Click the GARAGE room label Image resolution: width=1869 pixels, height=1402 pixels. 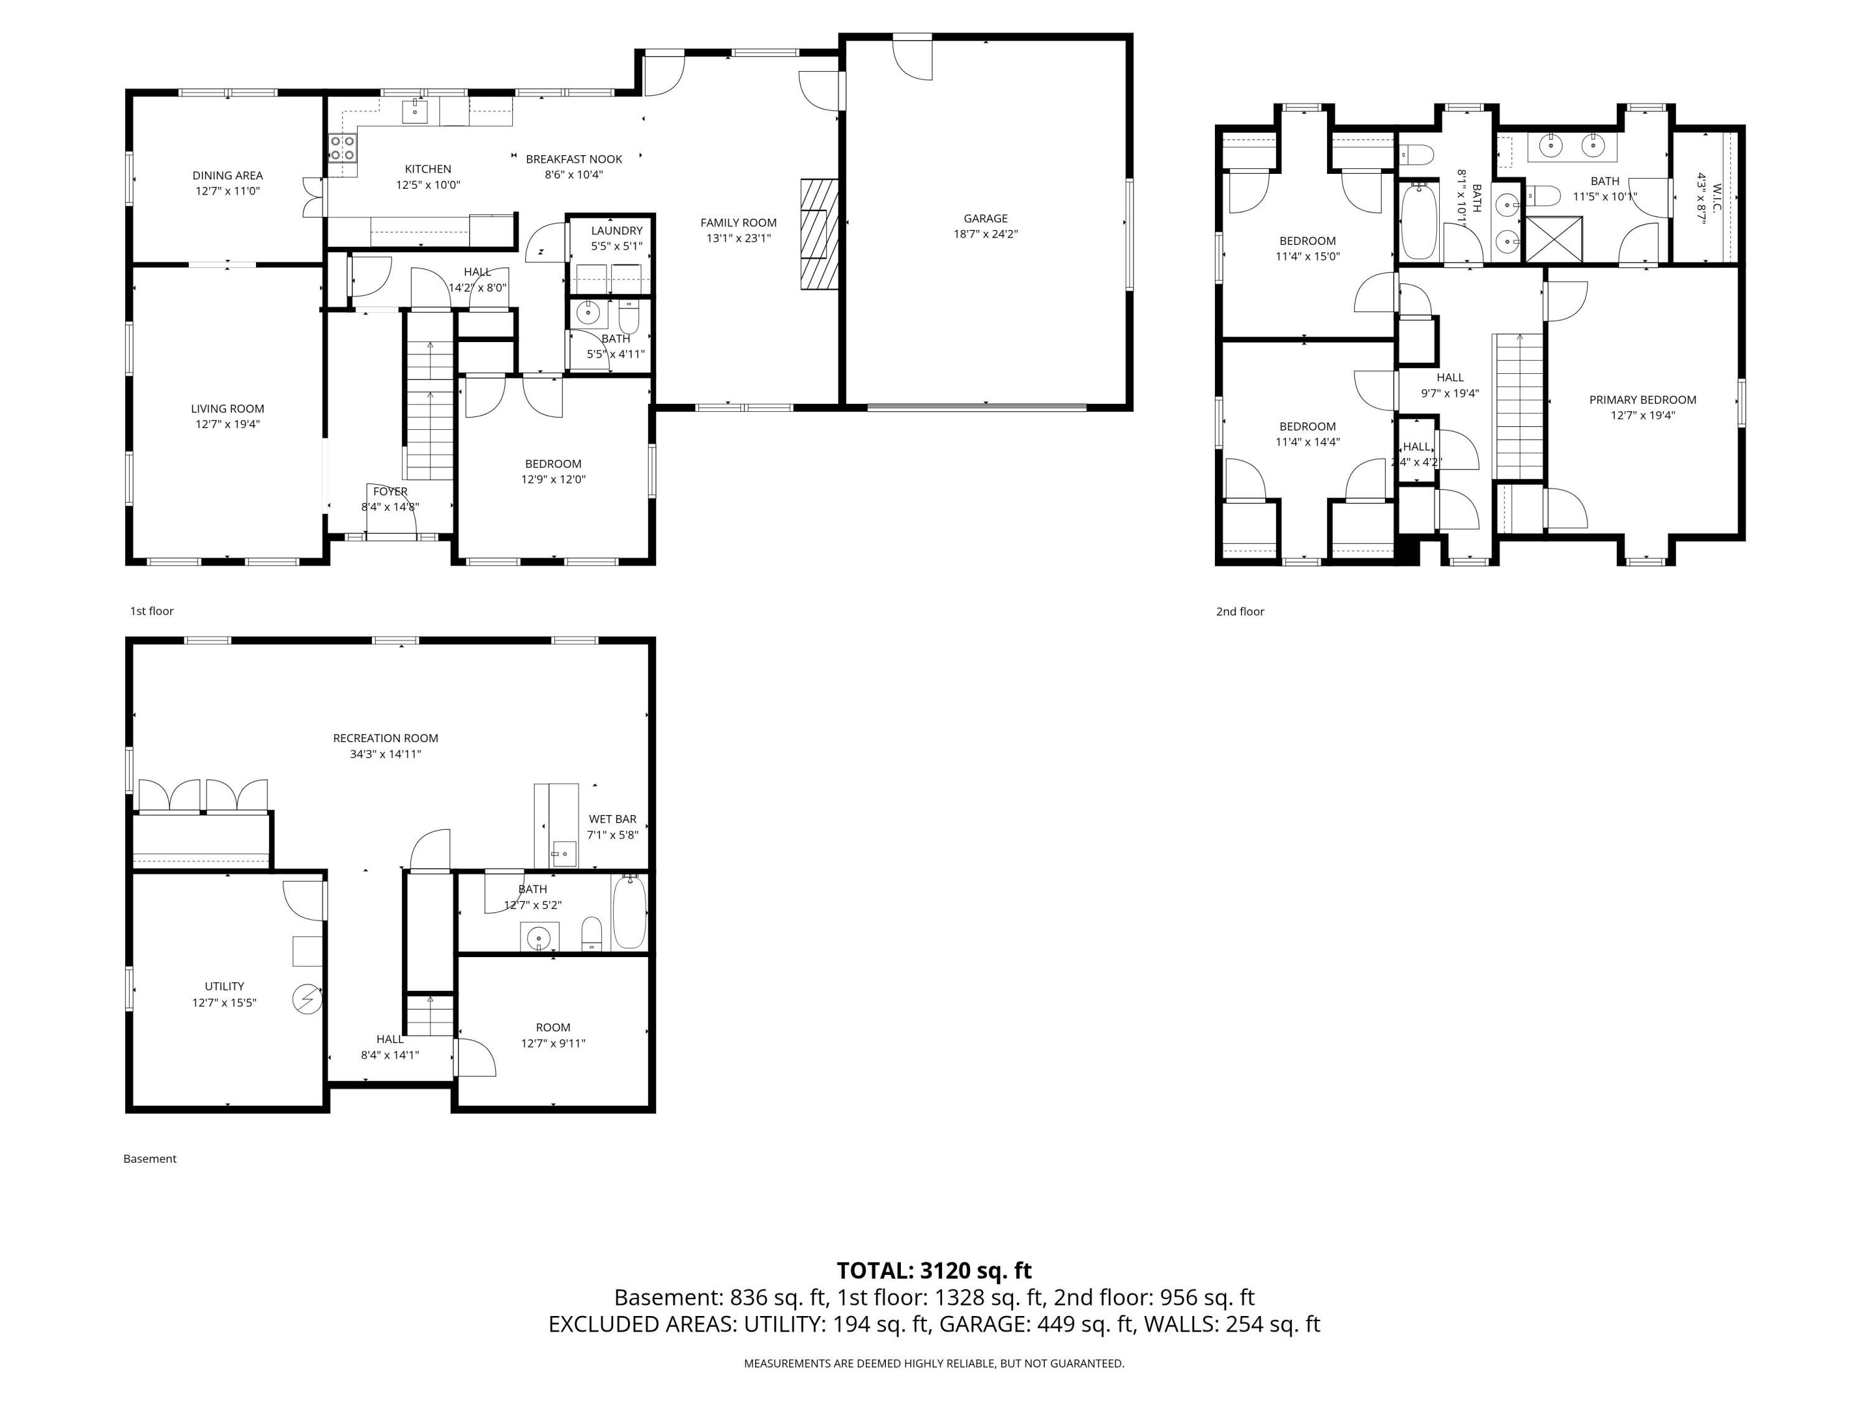pos(985,218)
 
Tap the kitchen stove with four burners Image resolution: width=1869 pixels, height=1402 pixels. pos(341,149)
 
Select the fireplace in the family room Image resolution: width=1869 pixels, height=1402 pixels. pos(819,234)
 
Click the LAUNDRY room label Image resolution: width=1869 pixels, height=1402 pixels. pos(616,231)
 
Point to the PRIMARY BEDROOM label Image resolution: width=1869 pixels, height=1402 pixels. pos(1642,400)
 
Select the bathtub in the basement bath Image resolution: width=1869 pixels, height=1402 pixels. pos(629,911)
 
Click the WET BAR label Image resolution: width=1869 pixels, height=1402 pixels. pos(612,819)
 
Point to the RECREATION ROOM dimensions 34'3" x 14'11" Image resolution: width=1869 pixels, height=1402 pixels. pos(385,754)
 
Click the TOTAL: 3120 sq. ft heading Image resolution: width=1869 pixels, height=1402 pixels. pos(934,1270)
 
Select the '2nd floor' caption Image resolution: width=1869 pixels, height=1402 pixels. pos(1240,612)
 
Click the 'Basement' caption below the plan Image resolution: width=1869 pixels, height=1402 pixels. pos(150,1158)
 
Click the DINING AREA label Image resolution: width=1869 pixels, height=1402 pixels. pos(227,176)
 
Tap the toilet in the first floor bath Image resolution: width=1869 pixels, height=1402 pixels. pos(629,318)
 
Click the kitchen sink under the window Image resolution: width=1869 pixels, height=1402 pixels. pos(415,111)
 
